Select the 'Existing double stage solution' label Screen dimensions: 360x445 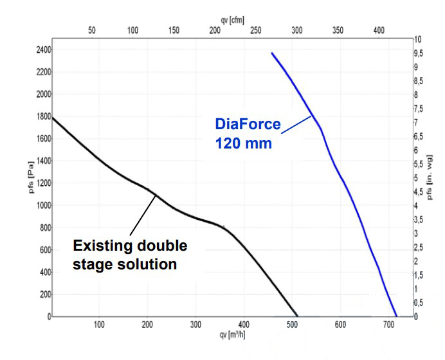pos(130,255)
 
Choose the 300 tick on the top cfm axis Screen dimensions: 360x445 pos(297,30)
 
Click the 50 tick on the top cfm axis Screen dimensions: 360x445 pos(91,30)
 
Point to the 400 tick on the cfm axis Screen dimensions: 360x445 pos(379,30)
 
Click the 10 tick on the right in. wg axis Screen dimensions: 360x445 pos(418,39)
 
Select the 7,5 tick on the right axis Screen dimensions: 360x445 pos(419,109)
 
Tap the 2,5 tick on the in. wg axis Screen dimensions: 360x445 pos(419,248)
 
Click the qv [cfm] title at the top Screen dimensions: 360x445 pos(232,20)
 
